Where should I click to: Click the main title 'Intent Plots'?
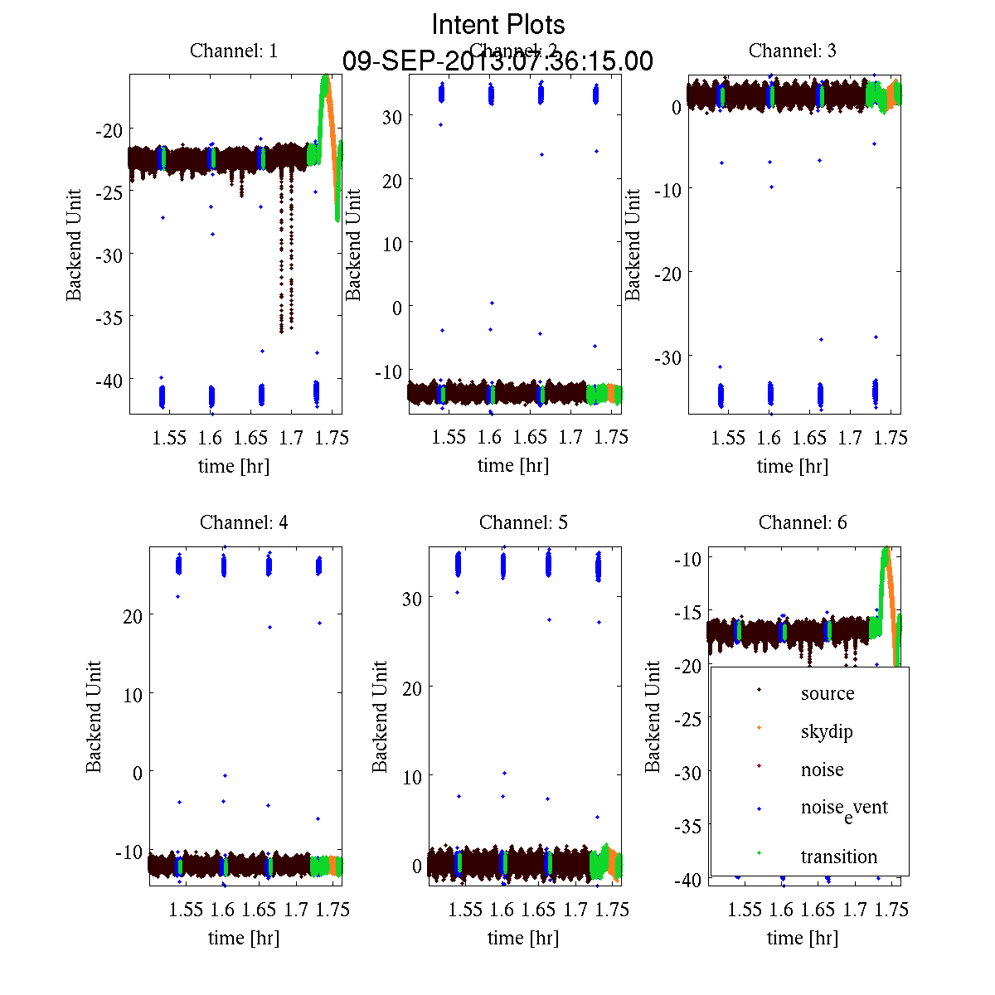[x=498, y=24]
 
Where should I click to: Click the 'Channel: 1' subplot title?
[x=234, y=51]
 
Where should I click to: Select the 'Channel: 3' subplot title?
[x=792, y=51]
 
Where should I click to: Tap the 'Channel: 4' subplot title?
[x=244, y=522]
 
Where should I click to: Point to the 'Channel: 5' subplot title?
[x=523, y=522]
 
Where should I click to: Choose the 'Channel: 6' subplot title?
[x=803, y=522]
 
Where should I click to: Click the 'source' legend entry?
[x=827, y=694]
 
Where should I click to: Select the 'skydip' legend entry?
[x=826, y=731]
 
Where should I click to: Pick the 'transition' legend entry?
[x=838, y=857]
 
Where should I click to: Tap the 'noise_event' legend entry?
[x=843, y=808]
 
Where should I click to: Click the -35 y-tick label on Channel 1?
[x=109, y=318]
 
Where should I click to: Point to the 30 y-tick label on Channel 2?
[x=392, y=117]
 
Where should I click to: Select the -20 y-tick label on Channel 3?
[x=667, y=273]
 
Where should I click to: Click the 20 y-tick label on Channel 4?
[x=132, y=615]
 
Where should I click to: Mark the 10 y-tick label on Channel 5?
[x=412, y=777]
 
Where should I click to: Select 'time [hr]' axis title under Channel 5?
[x=522, y=938]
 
